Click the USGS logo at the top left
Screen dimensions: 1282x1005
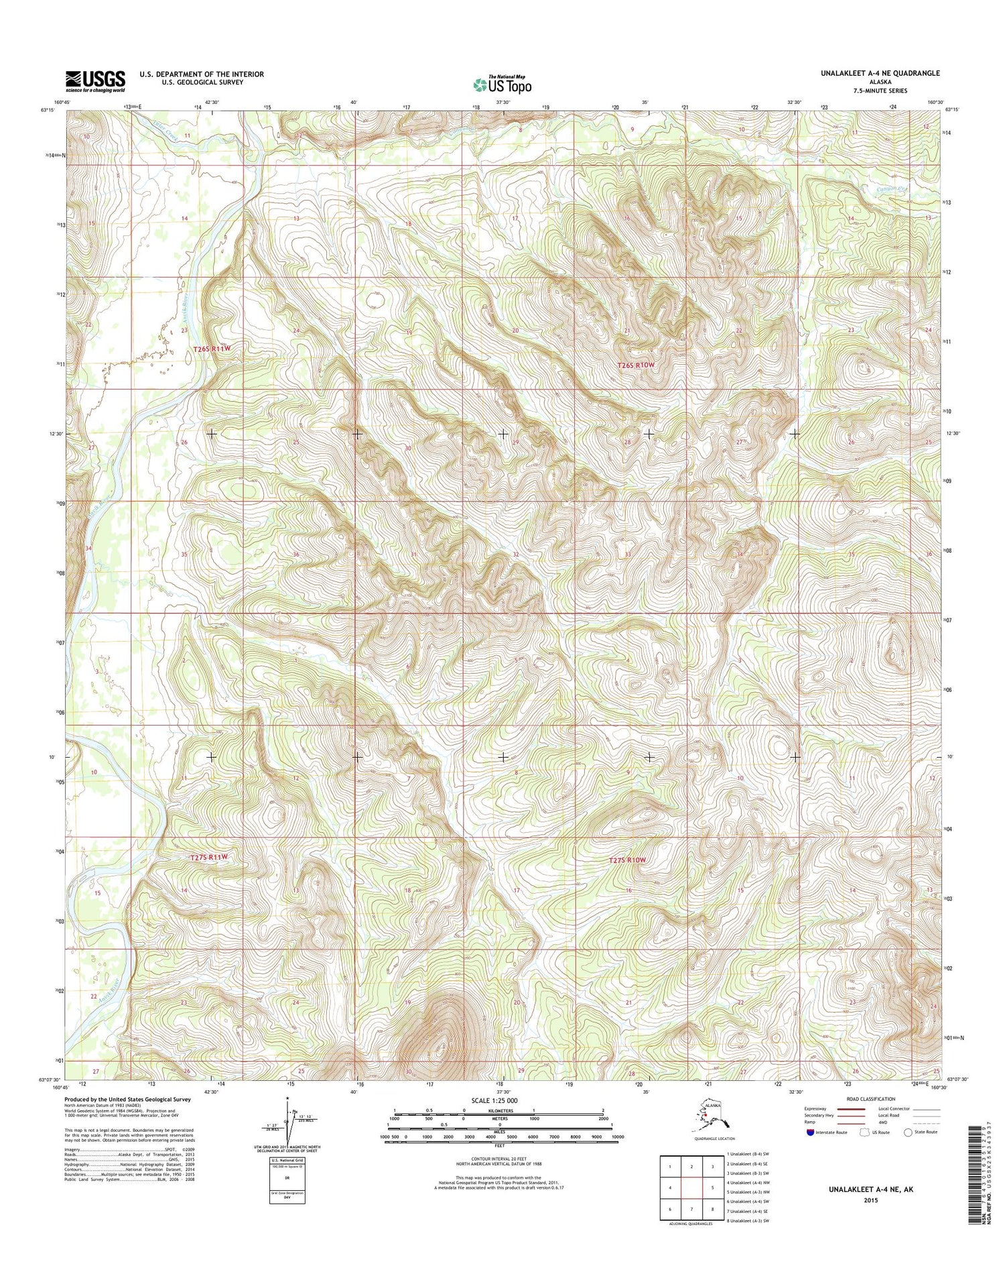pyautogui.click(x=94, y=81)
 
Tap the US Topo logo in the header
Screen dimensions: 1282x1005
pyautogui.click(x=502, y=84)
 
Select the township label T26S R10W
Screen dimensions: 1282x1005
pyautogui.click(x=636, y=365)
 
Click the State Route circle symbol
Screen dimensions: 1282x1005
pyautogui.click(x=908, y=1132)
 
